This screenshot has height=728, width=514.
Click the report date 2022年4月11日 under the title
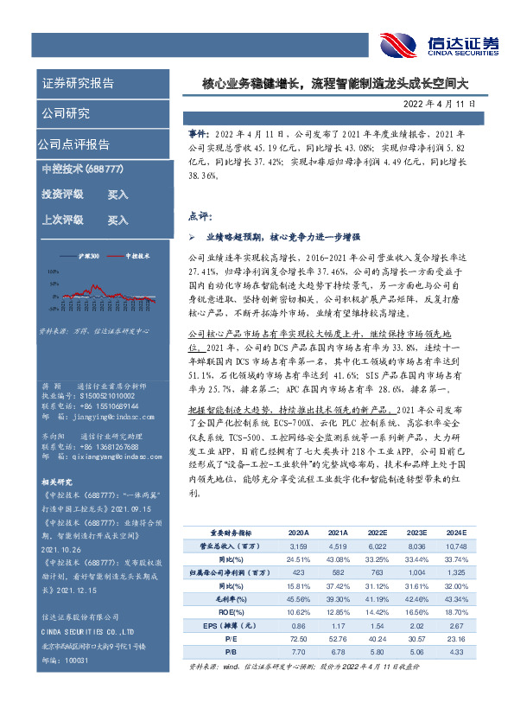click(x=439, y=104)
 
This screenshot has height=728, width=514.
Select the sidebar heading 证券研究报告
click(x=78, y=84)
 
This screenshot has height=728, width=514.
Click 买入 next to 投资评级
click(x=117, y=195)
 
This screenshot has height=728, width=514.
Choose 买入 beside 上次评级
click(x=117, y=220)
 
